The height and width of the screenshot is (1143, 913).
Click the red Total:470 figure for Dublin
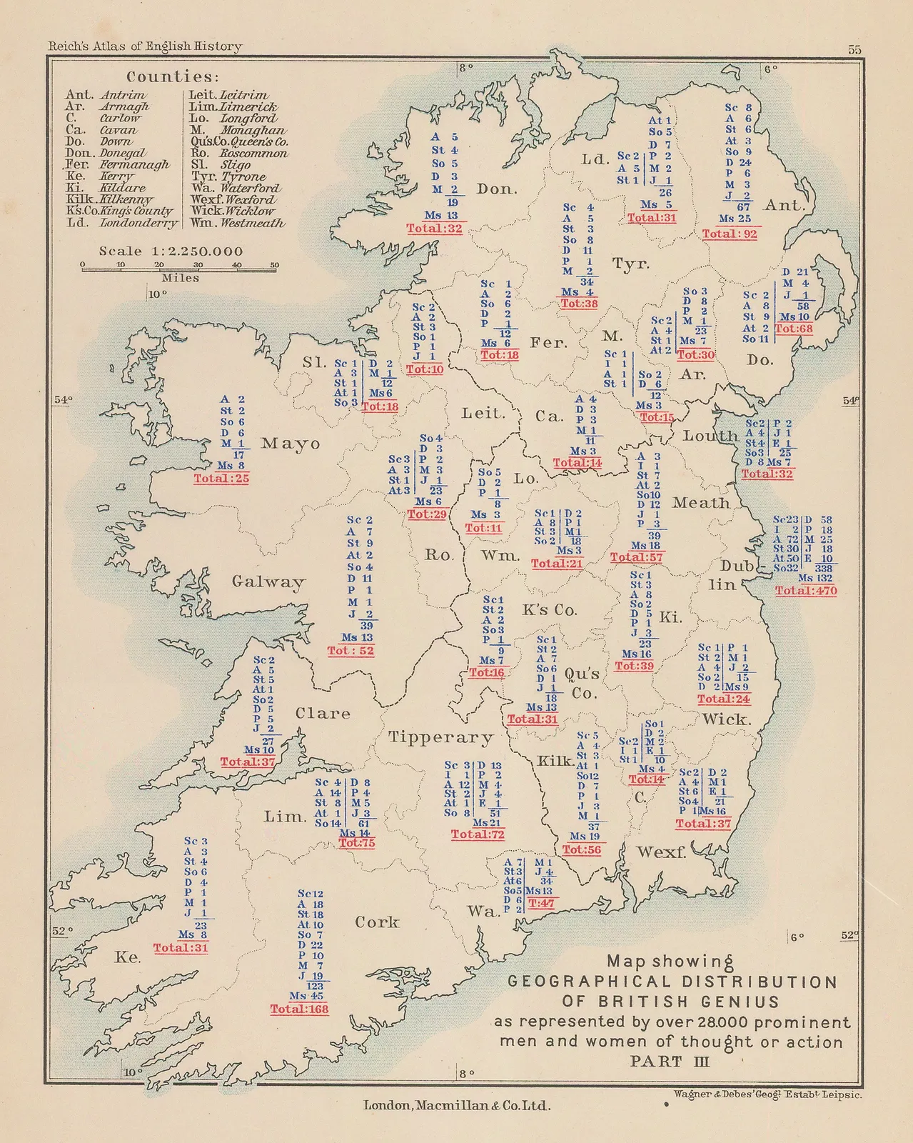pos(806,591)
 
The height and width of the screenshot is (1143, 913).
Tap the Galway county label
pos(268,582)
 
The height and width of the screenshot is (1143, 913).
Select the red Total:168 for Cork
pos(299,1009)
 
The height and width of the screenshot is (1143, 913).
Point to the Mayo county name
pos(291,444)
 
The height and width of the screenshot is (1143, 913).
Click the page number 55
pos(854,49)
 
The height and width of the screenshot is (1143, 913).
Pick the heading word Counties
pos(173,76)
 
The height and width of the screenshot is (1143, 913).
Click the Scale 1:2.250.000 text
pos(171,251)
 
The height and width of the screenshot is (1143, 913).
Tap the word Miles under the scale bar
pos(180,278)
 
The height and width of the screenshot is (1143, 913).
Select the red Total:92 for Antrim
pos(730,234)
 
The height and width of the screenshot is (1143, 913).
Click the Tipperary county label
pos(440,737)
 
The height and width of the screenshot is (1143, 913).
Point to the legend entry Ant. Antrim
pos(106,95)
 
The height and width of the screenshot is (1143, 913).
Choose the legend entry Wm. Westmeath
pos(238,223)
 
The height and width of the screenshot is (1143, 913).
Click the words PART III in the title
pos(670,1061)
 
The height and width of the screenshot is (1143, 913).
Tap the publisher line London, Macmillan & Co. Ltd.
pos(457,1105)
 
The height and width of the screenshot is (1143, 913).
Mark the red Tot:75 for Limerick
pos(357,843)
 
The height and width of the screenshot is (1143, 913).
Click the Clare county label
pos(323,713)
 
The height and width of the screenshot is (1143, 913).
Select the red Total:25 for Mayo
pos(221,479)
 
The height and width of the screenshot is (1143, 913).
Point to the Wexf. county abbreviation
pos(661,852)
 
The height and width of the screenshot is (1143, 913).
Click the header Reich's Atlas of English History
pos(145,46)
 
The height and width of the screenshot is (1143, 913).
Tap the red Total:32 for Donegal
pos(435,229)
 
